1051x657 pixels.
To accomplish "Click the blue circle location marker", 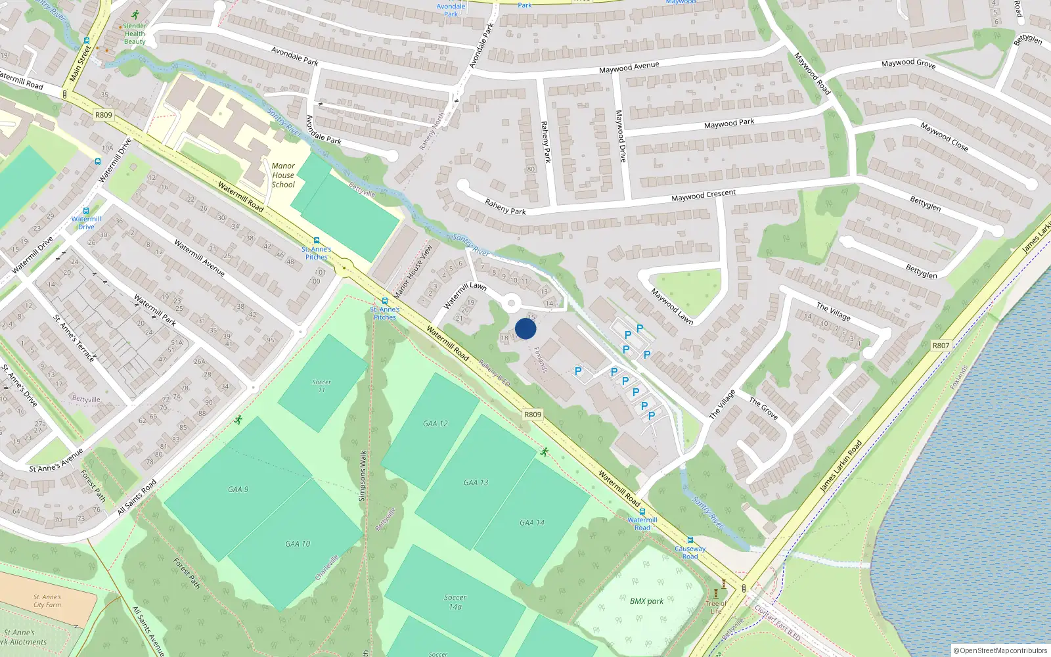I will (x=525, y=328).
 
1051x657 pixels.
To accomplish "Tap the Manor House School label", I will (x=283, y=175).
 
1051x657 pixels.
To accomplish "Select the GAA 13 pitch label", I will (x=476, y=482).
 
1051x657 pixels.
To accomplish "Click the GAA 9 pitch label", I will (x=238, y=489).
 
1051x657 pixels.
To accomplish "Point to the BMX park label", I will (x=646, y=601).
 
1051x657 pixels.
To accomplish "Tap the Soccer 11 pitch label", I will (x=321, y=386).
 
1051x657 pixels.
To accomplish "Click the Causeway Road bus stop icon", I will (x=690, y=540).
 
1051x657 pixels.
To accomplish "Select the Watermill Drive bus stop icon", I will (x=85, y=212).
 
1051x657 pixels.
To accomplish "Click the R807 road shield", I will (x=941, y=345).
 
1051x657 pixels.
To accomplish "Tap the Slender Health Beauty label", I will (x=135, y=34).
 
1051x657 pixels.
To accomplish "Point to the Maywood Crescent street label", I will (x=704, y=196).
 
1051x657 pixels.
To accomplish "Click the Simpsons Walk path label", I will (x=363, y=476).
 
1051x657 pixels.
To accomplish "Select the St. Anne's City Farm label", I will (x=47, y=601).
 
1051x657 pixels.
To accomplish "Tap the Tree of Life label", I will (x=715, y=607).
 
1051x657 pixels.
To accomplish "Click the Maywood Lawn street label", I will (x=672, y=306).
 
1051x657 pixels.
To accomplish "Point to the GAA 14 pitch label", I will (x=531, y=522).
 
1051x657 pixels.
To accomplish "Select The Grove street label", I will (x=763, y=408).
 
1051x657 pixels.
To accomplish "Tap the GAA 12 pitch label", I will (x=435, y=424).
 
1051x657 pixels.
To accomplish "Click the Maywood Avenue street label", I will (x=629, y=67).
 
